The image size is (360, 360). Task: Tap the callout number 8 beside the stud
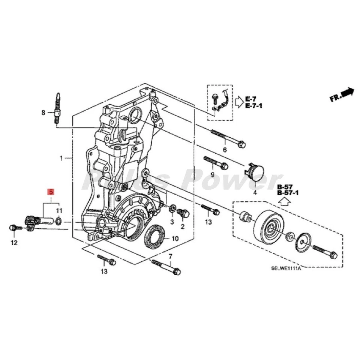click(x=43, y=112)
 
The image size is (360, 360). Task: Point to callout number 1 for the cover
click(x=61, y=158)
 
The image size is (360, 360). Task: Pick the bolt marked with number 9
click(x=215, y=162)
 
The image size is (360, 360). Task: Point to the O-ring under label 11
click(x=59, y=221)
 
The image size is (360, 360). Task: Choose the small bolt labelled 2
click(x=183, y=213)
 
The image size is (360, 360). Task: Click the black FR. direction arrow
click(x=348, y=92)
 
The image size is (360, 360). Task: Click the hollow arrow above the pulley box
click(x=285, y=202)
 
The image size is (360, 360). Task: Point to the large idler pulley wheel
click(x=269, y=229)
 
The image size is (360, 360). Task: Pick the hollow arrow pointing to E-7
click(x=239, y=101)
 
